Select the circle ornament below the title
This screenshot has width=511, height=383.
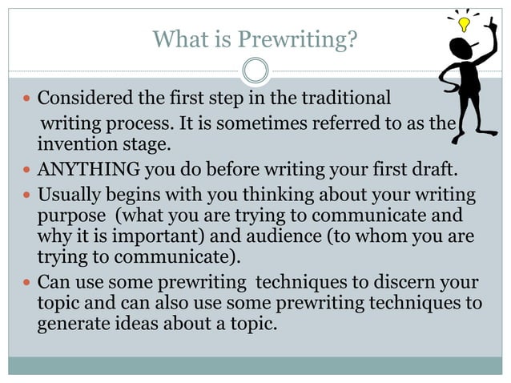pos(255,71)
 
